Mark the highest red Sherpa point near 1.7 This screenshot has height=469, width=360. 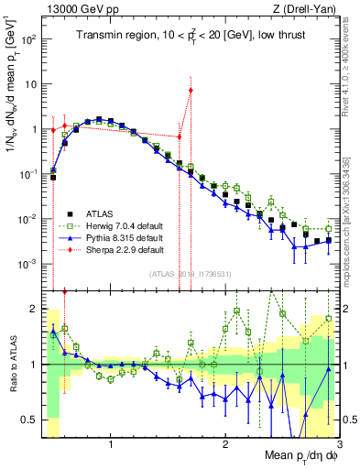[x=191, y=90]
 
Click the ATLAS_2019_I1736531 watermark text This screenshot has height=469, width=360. [x=190, y=274]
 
